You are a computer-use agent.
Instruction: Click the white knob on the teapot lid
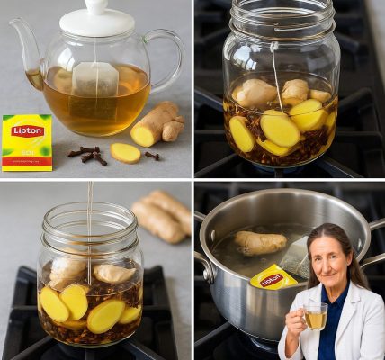click(97, 6)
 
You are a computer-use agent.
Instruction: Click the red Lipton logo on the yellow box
click(27, 130)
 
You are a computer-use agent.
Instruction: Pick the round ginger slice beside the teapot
click(125, 152)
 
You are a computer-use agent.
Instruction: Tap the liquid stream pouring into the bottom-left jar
click(88, 225)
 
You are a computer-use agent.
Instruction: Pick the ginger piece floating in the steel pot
click(260, 242)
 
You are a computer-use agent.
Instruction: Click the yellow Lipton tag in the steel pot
click(272, 279)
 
